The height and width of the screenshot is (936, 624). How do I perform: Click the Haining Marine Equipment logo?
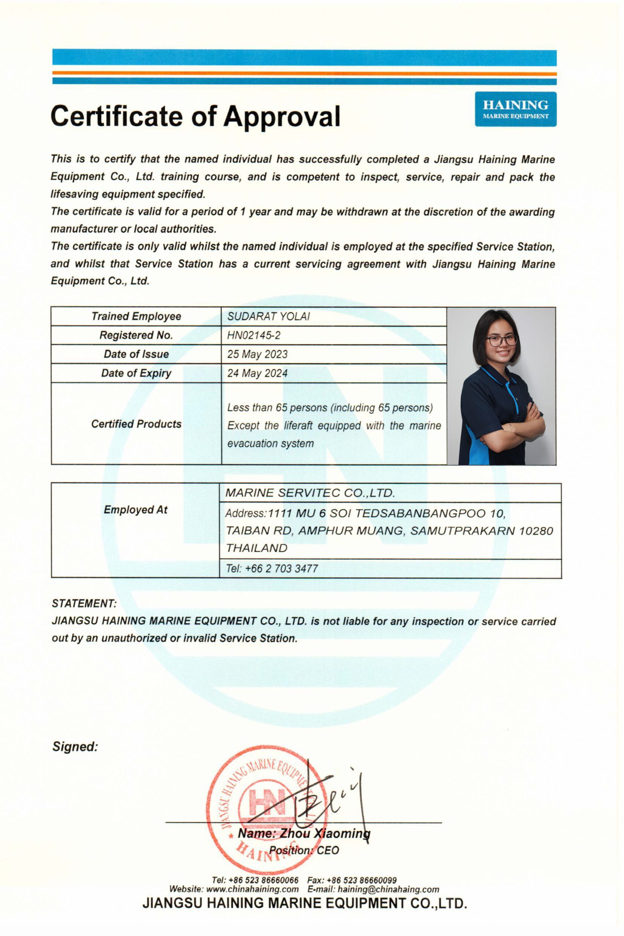(x=515, y=109)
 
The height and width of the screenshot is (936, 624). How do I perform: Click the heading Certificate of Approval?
(x=195, y=116)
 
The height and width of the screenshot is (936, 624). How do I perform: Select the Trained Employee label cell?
(x=136, y=316)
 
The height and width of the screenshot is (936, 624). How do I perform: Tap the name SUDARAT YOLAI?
(x=268, y=317)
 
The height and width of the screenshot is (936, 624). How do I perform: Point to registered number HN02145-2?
(x=253, y=335)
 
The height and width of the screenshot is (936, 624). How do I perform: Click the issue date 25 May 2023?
(x=257, y=354)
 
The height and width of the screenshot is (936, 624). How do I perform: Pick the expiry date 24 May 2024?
(x=257, y=373)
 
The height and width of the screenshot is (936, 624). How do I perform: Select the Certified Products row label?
(x=136, y=424)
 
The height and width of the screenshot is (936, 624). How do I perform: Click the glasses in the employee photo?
(x=501, y=340)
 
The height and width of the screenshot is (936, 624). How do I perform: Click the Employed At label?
(x=136, y=510)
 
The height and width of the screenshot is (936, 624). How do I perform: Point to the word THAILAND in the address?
(x=257, y=548)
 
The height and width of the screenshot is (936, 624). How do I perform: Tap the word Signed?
(x=75, y=747)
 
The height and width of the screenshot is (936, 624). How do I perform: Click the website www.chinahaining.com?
(x=252, y=890)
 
